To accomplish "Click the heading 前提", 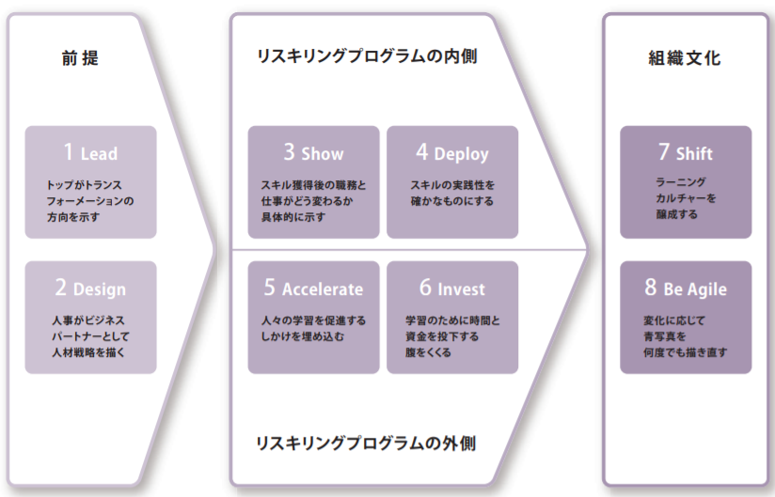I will click(x=80, y=57).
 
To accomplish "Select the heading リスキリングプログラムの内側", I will click(x=367, y=57).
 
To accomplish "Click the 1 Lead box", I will click(x=91, y=182).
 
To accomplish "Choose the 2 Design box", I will click(x=91, y=318).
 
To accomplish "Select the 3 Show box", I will click(x=313, y=182).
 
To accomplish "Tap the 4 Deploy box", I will click(x=452, y=182).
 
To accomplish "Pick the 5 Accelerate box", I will click(x=313, y=318).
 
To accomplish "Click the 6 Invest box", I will click(x=452, y=318).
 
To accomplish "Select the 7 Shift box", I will click(x=686, y=182).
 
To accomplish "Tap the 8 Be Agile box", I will click(x=686, y=318).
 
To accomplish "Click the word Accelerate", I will click(x=322, y=289).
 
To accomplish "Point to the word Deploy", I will click(x=461, y=154).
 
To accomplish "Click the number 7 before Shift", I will click(x=664, y=152).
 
